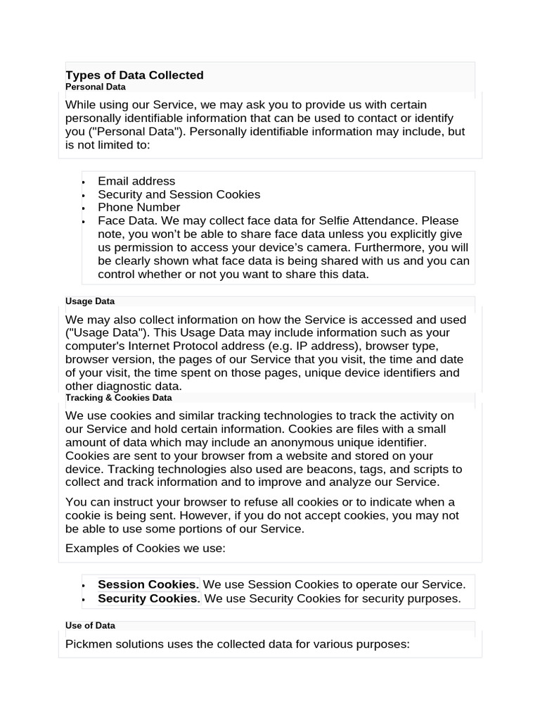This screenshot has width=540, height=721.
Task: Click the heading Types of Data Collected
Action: pyautogui.click(x=134, y=75)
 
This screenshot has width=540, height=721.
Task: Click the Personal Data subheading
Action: pyautogui.click(x=96, y=87)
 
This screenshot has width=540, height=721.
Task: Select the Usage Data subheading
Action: pyautogui.click(x=90, y=301)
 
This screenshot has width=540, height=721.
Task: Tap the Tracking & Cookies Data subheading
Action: pyautogui.click(x=119, y=398)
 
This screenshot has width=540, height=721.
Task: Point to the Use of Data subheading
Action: pyautogui.click(x=90, y=625)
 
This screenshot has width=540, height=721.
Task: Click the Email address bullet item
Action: pyautogui.click(x=136, y=181)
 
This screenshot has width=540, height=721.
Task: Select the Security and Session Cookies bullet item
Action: pyautogui.click(x=179, y=194)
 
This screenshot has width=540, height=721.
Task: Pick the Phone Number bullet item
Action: pyautogui.click(x=139, y=207)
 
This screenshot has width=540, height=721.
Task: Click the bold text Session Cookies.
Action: pyautogui.click(x=148, y=584)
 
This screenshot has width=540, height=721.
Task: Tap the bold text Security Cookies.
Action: pyautogui.click(x=149, y=598)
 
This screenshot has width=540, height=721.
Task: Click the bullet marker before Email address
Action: pyautogui.click(x=83, y=182)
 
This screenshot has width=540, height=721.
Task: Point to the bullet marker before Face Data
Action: pyautogui.click(x=83, y=221)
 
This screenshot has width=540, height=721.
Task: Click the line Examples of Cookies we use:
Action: pyautogui.click(x=146, y=548)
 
